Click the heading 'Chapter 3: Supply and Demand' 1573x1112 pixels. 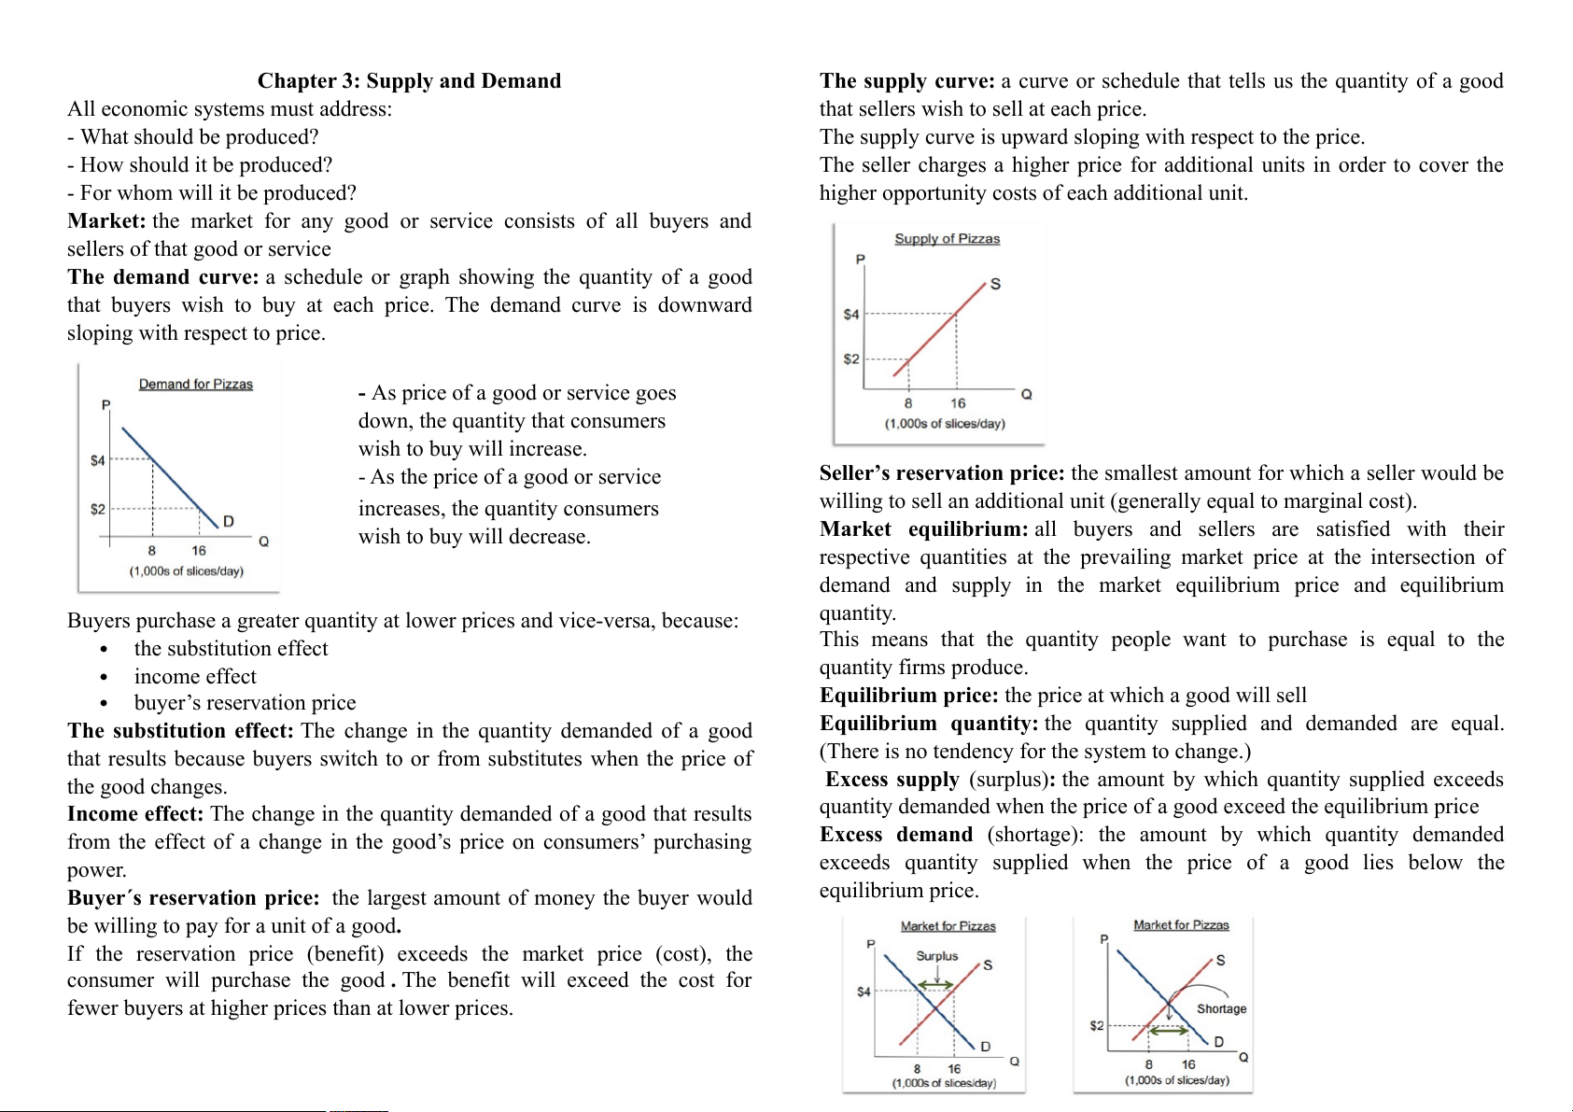pos(409,81)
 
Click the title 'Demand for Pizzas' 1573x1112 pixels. pos(196,385)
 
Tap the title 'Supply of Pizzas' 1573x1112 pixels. pos(947,239)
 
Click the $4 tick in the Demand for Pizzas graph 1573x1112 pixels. pos(98,460)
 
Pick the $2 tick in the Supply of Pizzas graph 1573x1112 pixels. pos(851,359)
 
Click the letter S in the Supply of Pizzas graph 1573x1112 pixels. pos(995,284)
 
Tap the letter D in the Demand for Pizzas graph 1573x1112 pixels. pos(229,521)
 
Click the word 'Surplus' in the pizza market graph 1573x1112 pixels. pos(936,956)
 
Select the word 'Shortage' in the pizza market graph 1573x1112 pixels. pos(1221,1009)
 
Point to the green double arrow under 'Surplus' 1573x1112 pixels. pos(935,985)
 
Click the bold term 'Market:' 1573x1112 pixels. pos(106,221)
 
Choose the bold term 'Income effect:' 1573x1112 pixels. pos(135,814)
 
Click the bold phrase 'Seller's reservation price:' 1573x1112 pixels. pos(941,473)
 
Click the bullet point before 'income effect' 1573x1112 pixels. pos(104,677)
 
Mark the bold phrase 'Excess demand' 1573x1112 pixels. pos(896,835)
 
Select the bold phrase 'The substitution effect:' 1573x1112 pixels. pos(180,731)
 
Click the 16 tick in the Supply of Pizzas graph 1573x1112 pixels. pos(958,403)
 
